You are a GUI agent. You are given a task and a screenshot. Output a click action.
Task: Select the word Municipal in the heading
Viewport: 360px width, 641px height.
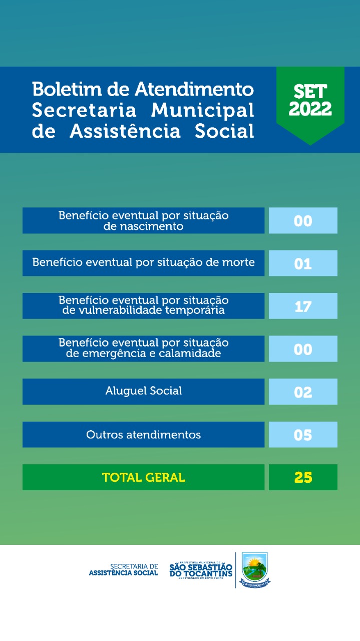pyautogui.click(x=203, y=110)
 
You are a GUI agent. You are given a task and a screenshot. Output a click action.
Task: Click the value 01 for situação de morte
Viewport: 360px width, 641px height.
pyautogui.click(x=303, y=263)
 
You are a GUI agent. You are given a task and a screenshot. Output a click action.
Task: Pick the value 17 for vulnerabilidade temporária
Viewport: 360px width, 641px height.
pyautogui.click(x=303, y=306)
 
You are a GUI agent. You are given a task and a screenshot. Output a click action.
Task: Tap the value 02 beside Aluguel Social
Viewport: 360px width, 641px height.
pyautogui.click(x=303, y=392)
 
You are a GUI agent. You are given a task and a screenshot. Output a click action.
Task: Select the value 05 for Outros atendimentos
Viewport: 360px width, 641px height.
pyautogui.click(x=303, y=435)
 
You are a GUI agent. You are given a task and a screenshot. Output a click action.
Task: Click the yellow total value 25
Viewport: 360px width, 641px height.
pyautogui.click(x=303, y=477)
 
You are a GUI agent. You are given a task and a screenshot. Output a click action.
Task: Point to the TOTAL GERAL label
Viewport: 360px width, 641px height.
pyautogui.click(x=144, y=477)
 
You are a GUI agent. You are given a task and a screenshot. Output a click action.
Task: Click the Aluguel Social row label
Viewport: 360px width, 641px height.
pyautogui.click(x=144, y=391)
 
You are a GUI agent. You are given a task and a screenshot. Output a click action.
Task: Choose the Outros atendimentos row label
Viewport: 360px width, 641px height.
pyautogui.click(x=144, y=434)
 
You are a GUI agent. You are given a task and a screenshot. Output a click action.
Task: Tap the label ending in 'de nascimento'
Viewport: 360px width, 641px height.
pyautogui.click(x=144, y=221)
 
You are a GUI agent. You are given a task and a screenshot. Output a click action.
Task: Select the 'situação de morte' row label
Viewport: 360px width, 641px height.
pyautogui.click(x=144, y=262)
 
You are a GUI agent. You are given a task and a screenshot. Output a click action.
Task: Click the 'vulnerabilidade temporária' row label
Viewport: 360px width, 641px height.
pyautogui.click(x=144, y=305)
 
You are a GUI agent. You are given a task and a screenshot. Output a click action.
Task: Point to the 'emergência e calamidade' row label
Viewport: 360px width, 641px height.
pyautogui.click(x=144, y=348)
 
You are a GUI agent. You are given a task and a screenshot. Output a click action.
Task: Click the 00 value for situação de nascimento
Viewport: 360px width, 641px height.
pyautogui.click(x=303, y=221)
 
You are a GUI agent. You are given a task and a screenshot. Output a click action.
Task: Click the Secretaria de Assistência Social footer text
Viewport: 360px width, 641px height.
pyautogui.click(x=123, y=570)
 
